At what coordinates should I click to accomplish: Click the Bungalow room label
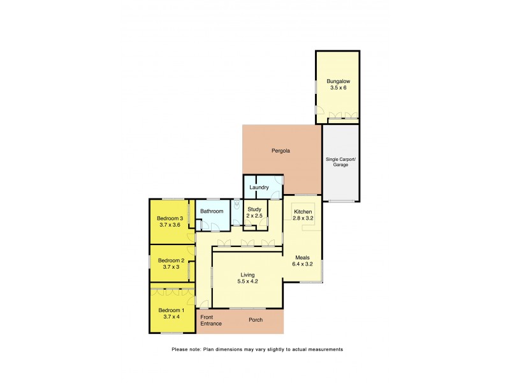pyautogui.click(x=338, y=82)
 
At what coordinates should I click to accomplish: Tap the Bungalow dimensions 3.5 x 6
pyautogui.click(x=338, y=88)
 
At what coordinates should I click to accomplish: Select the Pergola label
pyautogui.click(x=281, y=151)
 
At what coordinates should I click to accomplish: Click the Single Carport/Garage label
pyautogui.click(x=341, y=162)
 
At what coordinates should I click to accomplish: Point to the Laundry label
pyautogui.click(x=259, y=188)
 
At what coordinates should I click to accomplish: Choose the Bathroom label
pyautogui.click(x=212, y=211)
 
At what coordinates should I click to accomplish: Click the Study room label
pyautogui.click(x=254, y=209)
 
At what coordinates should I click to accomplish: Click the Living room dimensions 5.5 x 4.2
pyautogui.click(x=248, y=282)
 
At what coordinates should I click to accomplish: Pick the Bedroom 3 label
pyautogui.click(x=171, y=218)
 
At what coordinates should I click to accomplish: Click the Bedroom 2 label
pyautogui.click(x=171, y=260)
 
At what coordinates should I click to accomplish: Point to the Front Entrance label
pyautogui.click(x=210, y=320)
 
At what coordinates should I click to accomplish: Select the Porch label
pyautogui.click(x=256, y=320)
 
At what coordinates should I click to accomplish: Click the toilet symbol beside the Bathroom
pyautogui.click(x=235, y=207)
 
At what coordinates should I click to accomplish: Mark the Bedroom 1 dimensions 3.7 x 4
pyautogui.click(x=171, y=317)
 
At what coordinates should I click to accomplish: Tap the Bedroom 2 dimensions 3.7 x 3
pyautogui.click(x=171, y=267)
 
